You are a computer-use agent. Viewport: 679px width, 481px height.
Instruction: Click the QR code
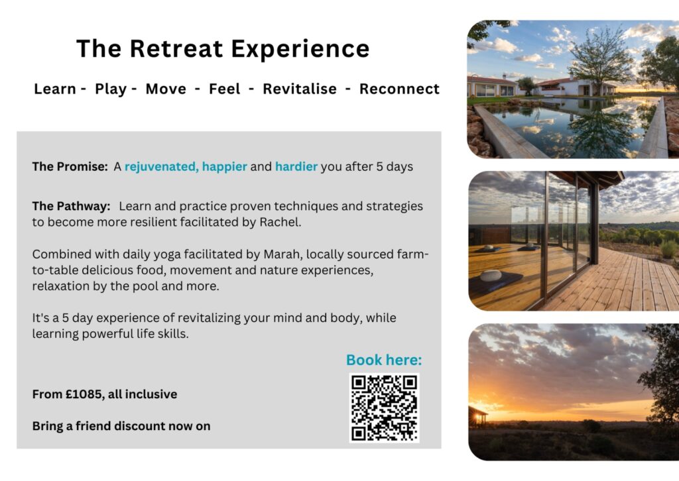coord(384,407)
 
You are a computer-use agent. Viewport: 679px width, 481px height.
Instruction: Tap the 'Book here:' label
coord(384,360)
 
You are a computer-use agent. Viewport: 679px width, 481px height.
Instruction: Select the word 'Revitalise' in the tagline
coord(300,89)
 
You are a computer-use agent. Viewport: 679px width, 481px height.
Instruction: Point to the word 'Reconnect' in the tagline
coord(399,89)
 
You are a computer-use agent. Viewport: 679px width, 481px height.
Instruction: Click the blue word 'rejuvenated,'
coord(161,166)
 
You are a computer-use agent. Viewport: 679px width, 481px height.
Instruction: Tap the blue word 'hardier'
coord(296,166)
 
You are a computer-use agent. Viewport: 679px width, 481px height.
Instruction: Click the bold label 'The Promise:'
coord(70,166)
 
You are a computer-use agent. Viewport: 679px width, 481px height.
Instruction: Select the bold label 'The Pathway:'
coord(71,206)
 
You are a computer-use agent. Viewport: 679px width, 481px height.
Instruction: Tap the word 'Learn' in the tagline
coord(55,89)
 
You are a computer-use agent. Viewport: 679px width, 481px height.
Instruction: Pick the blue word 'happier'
coord(225,166)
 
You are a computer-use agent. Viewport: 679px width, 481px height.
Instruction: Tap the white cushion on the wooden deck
coord(491,275)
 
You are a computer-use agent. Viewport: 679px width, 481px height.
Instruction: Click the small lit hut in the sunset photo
coord(477,415)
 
